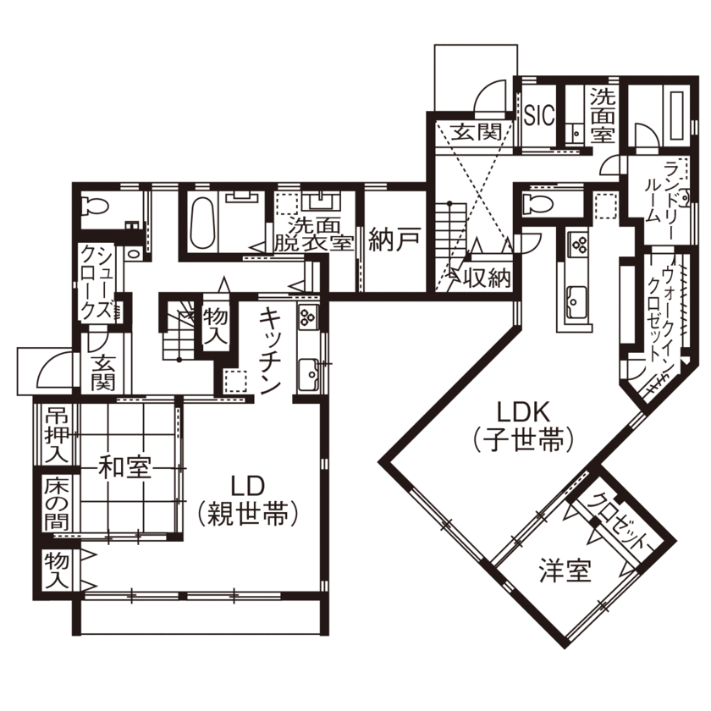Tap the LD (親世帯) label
[x=249, y=499]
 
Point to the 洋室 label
[x=565, y=571]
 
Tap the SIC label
[x=539, y=116]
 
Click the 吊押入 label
[x=56, y=434]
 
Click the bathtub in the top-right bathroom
[x=676, y=116]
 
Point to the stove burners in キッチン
[x=307, y=318]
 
